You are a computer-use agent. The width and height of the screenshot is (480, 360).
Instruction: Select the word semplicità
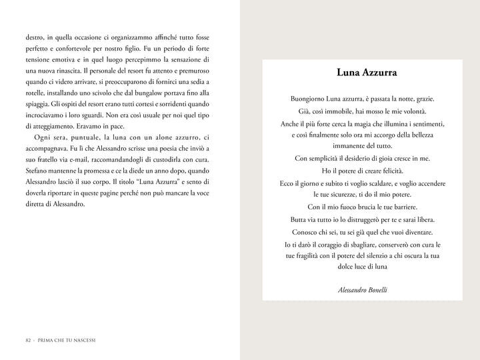tap(325, 158)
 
